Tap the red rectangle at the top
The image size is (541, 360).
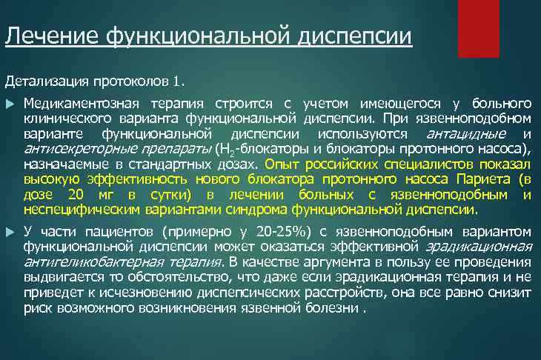[479, 28]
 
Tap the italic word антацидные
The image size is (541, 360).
[467, 134]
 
